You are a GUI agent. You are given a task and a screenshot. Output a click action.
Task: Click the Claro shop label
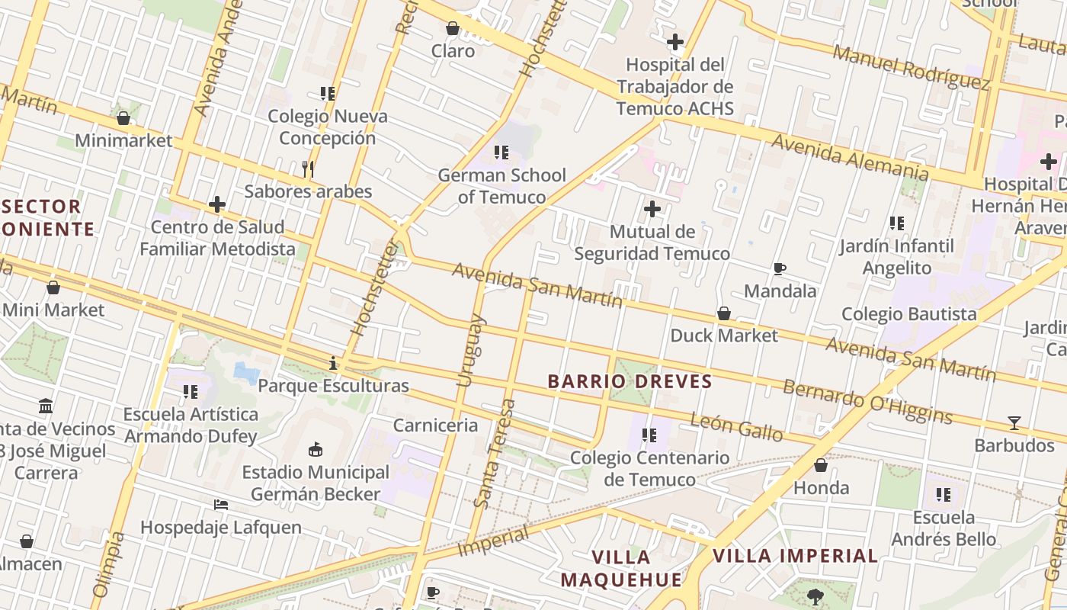tap(453, 51)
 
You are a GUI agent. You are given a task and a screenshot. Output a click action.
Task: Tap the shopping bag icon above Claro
tap(453, 28)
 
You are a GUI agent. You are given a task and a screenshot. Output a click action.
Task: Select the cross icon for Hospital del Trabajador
tap(674, 42)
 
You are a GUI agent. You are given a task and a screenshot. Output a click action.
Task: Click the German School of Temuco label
tap(501, 186)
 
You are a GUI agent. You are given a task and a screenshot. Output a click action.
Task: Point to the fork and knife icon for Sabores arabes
tap(308, 169)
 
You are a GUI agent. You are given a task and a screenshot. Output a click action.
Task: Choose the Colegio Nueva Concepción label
tap(327, 127)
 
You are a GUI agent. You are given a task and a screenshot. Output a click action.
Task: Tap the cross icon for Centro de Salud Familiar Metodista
tap(217, 204)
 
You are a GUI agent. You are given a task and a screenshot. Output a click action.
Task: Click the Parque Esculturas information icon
tap(333, 363)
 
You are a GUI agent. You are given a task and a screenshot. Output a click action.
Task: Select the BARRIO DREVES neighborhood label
tap(630, 381)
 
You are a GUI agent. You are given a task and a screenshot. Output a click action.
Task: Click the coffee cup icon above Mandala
tap(779, 268)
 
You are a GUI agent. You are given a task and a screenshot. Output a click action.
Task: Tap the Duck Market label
tap(723, 335)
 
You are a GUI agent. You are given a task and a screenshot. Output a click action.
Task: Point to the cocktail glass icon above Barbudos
tap(1014, 422)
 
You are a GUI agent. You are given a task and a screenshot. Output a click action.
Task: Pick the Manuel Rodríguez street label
tap(910, 66)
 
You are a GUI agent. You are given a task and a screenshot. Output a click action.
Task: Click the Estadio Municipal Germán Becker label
tap(316, 483)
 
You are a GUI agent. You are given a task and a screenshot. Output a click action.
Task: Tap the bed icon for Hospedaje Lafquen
tap(221, 505)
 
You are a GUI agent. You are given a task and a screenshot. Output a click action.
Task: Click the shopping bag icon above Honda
tap(821, 465)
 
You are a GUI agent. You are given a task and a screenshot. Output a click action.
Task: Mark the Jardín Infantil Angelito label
tap(896, 257)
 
